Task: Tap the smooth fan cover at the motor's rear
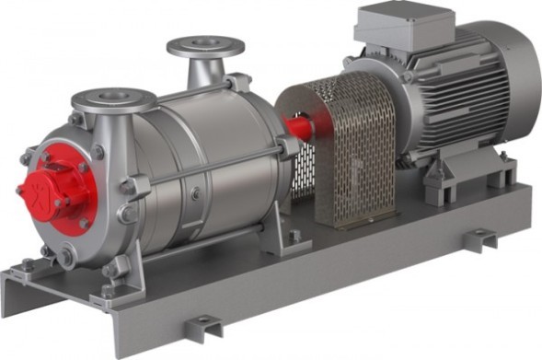pyautogui.click(x=515, y=83)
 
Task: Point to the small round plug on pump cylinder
pyautogui.click(x=193, y=193)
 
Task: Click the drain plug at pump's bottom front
pyautogui.click(x=66, y=258)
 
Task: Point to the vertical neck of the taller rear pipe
pyautogui.click(x=204, y=69)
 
